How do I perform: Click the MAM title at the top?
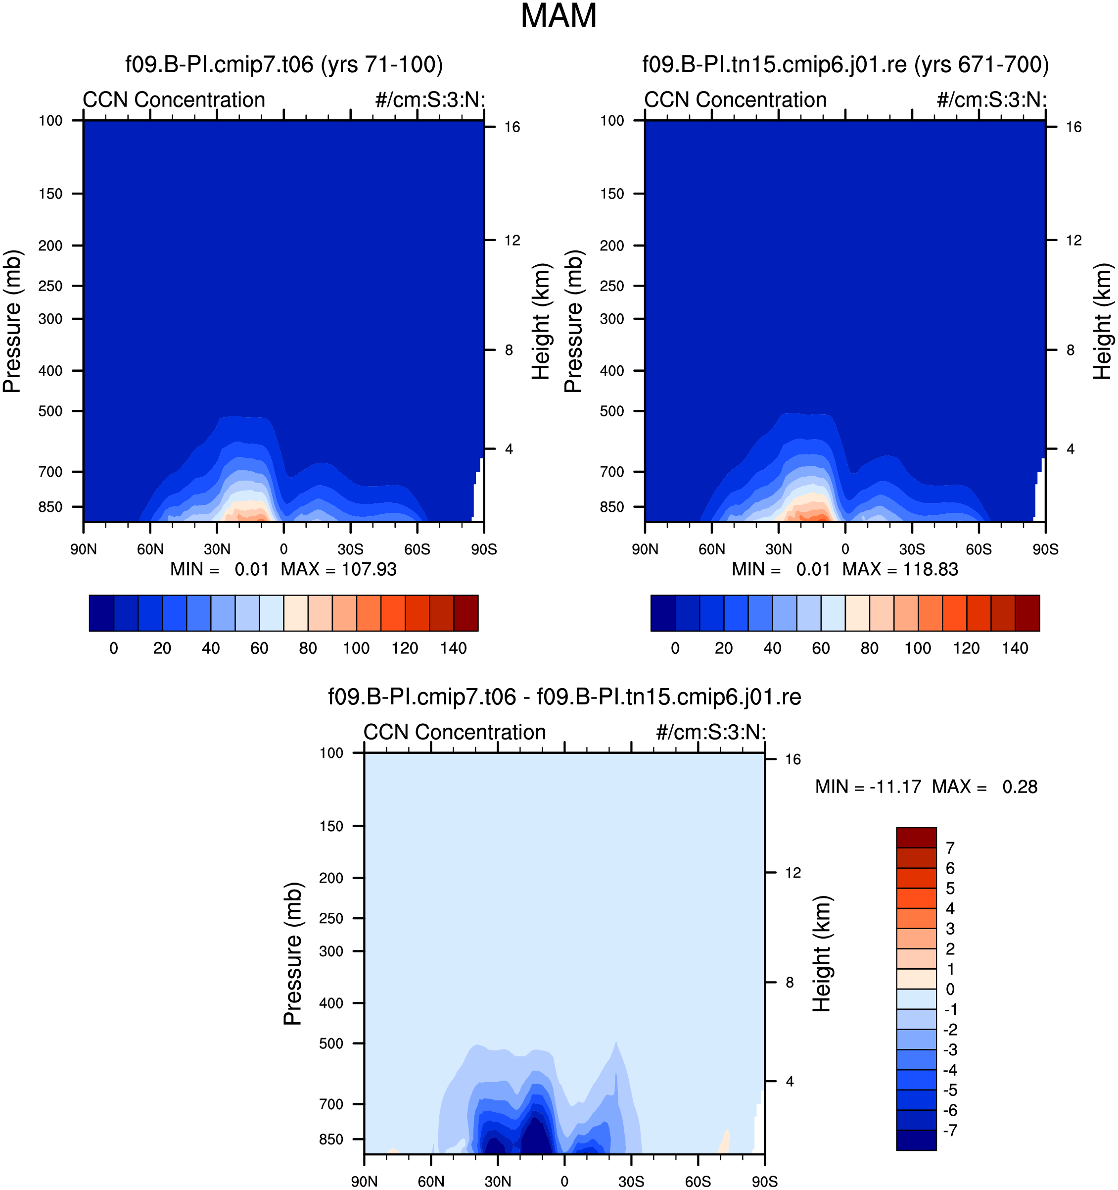click(558, 16)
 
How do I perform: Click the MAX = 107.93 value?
click(338, 569)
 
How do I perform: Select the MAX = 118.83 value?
click(900, 569)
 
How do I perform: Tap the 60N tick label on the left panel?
click(150, 549)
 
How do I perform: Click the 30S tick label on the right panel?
click(912, 549)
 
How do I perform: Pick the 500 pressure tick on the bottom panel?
click(331, 1043)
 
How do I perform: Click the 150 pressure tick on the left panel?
click(50, 194)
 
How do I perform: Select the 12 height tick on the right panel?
click(1074, 240)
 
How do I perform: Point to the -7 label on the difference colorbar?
click(950, 1130)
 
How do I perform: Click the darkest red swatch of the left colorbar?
click(466, 613)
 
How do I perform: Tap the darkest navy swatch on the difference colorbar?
click(916, 1140)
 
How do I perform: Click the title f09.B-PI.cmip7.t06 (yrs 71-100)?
click(284, 64)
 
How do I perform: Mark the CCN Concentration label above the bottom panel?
click(455, 732)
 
